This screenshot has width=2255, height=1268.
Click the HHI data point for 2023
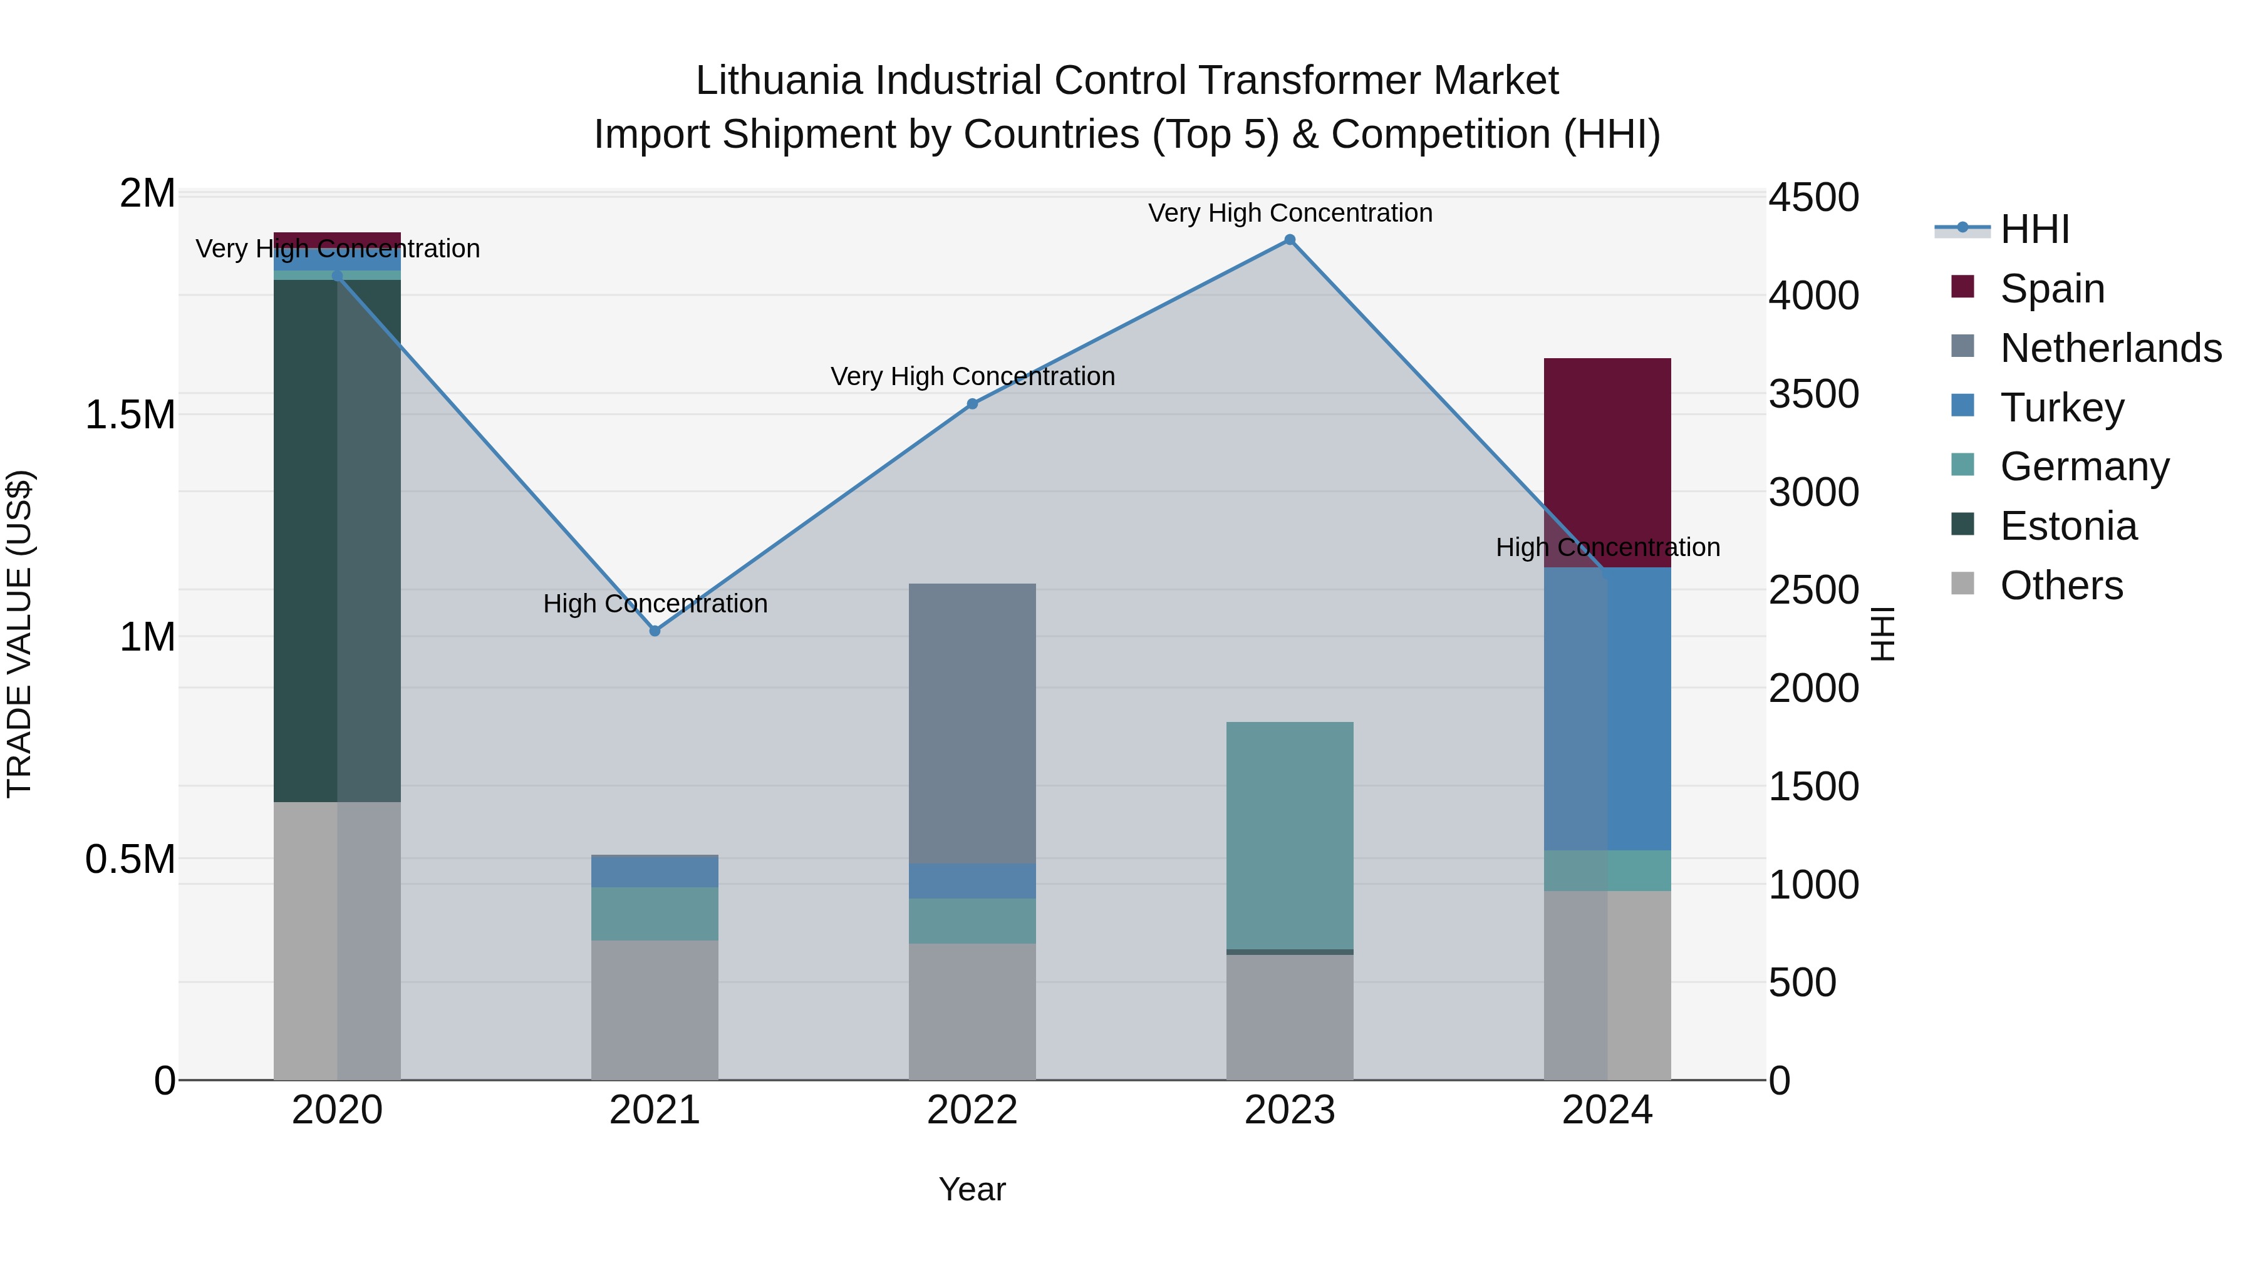coord(1290,240)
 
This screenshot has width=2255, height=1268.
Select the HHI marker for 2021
coord(655,631)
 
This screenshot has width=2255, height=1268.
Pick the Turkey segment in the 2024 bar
coord(1607,709)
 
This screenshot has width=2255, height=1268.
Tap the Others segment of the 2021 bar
coord(655,1010)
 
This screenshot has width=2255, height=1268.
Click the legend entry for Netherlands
coord(2110,348)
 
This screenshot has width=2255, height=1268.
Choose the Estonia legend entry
coord(2068,526)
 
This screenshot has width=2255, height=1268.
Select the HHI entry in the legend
coord(2035,229)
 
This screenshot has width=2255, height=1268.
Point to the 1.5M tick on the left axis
coord(130,415)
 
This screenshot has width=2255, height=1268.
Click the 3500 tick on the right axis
coord(1814,394)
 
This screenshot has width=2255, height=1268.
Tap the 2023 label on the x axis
coord(1290,1110)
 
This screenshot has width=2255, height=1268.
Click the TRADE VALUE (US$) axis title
coord(19,634)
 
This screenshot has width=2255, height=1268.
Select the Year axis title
coord(972,1189)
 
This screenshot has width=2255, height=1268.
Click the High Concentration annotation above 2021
coord(655,604)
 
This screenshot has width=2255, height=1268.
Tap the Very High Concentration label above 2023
coord(1290,213)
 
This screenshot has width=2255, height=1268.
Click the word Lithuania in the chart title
coord(779,81)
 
